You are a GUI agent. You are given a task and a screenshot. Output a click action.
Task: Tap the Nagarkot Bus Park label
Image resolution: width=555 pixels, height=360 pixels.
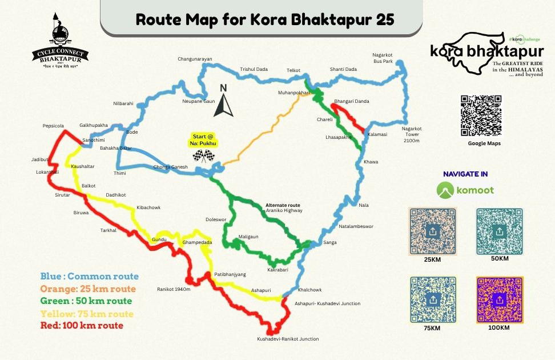[x=383, y=57]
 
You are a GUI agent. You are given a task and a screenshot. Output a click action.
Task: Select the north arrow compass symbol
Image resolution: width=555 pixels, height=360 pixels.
[x=224, y=101]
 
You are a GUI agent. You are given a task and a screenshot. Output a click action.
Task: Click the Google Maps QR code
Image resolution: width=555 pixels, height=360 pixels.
[x=481, y=116]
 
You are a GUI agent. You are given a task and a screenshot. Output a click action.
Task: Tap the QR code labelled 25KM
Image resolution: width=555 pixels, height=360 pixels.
[x=433, y=231]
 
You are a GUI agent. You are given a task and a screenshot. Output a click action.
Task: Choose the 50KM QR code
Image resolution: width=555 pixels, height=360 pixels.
[x=499, y=231]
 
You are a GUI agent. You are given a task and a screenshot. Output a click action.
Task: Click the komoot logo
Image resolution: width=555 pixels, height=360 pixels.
[x=465, y=189]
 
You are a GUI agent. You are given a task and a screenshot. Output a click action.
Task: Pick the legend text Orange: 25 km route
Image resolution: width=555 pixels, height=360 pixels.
[x=88, y=289]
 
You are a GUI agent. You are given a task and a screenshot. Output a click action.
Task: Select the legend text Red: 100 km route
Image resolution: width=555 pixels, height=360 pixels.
[x=82, y=326]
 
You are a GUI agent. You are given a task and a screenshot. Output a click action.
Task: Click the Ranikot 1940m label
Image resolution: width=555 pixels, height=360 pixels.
[x=174, y=289]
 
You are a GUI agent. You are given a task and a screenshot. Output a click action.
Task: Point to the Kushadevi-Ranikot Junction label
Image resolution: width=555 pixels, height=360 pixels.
[x=288, y=339]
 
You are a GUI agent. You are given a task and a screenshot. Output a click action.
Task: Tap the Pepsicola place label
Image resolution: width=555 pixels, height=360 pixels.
[x=53, y=125]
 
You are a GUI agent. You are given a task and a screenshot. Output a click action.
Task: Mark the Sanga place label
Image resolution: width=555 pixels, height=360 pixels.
[x=330, y=243]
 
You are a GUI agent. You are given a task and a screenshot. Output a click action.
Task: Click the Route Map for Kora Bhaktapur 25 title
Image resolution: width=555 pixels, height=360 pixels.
[x=264, y=19]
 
